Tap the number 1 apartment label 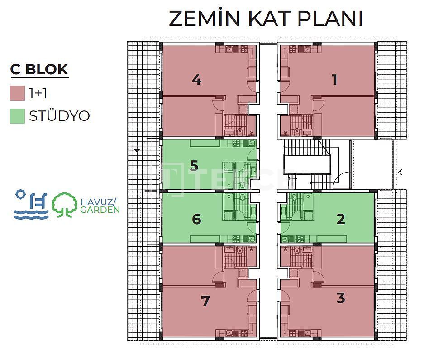pyautogui.click(x=334, y=79)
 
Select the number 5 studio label pyautogui.click(x=194, y=166)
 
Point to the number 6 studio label pyautogui.click(x=196, y=219)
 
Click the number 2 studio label pyautogui.click(x=341, y=219)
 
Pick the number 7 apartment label pyautogui.click(x=205, y=301)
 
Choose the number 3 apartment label pyautogui.click(x=341, y=298)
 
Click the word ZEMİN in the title pyautogui.click(x=204, y=18)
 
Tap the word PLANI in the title pyautogui.click(x=330, y=19)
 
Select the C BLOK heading pyautogui.click(x=39, y=69)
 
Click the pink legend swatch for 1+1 pyautogui.click(x=17, y=93)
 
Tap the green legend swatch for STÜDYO pyautogui.click(x=17, y=116)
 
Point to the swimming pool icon pyautogui.click(x=31, y=204)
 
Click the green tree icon pyautogui.click(x=65, y=205)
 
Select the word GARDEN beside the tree pyautogui.click(x=100, y=210)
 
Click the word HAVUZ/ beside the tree pyautogui.click(x=98, y=202)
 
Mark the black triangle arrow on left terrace pyautogui.click(x=137, y=151)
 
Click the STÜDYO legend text pyautogui.click(x=59, y=116)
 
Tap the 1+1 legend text pyautogui.click(x=38, y=93)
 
